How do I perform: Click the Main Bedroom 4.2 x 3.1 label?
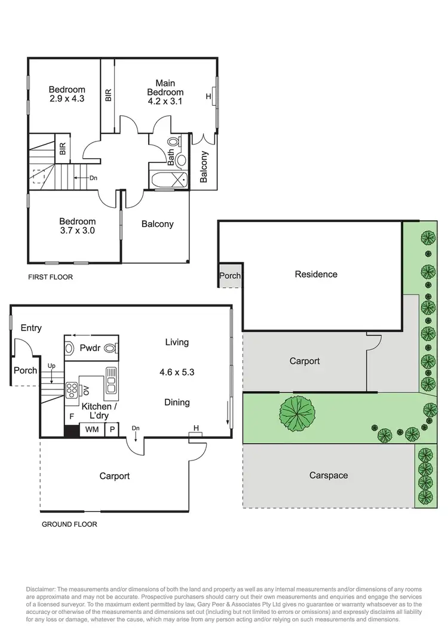(165, 92)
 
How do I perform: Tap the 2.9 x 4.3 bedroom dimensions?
(67, 100)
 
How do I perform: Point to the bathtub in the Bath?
(168, 180)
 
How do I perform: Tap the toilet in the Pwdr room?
(111, 348)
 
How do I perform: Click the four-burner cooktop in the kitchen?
(72, 390)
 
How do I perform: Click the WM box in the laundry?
(92, 429)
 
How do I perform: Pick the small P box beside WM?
(111, 429)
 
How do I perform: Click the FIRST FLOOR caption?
(50, 277)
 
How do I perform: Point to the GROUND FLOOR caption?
(69, 524)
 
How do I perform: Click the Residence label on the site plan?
(316, 274)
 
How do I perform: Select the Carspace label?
(328, 475)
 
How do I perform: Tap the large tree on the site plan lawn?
(297, 414)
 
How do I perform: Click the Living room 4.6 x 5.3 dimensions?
(177, 371)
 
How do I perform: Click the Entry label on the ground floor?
(31, 328)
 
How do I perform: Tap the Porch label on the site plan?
(230, 276)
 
